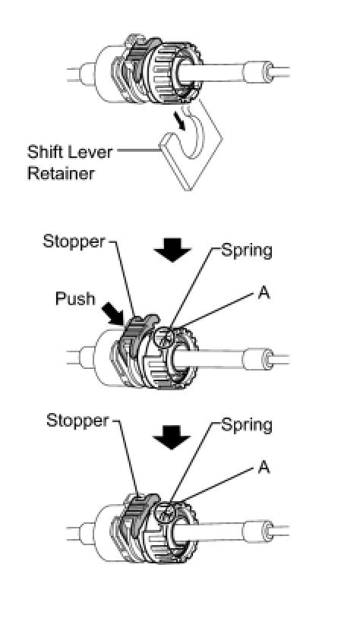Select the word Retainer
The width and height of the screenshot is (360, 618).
click(61, 173)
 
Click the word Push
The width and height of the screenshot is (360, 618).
click(75, 298)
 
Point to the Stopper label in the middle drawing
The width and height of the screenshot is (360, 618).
click(74, 241)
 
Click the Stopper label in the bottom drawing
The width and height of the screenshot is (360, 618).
click(77, 421)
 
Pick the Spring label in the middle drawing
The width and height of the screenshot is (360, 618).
click(247, 251)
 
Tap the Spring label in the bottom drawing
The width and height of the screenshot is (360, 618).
click(247, 425)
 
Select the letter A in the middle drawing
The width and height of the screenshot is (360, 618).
click(264, 292)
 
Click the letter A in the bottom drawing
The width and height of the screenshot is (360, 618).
click(264, 467)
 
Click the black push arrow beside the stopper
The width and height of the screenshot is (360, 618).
click(114, 314)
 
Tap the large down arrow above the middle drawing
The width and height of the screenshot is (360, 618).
click(172, 250)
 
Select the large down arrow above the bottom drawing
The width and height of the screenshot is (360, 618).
click(172, 437)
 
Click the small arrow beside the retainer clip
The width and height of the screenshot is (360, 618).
click(179, 120)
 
